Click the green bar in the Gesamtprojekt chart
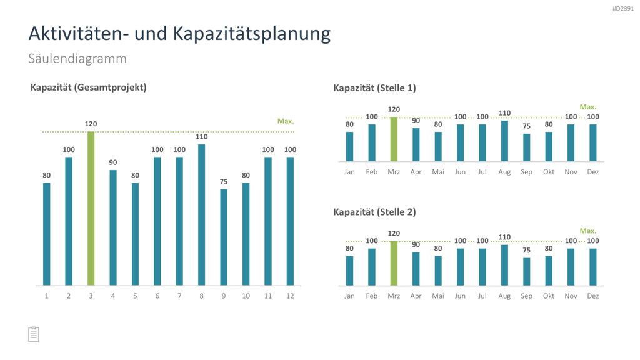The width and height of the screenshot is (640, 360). tap(91, 208)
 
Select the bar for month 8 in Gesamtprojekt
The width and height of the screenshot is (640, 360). tap(202, 215)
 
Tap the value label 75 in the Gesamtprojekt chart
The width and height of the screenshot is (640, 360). tap(224, 182)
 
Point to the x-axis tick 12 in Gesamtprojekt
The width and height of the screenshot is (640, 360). tap(290, 296)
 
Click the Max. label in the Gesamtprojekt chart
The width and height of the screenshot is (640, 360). tap(286, 121)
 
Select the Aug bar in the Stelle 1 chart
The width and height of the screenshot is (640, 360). tap(504, 141)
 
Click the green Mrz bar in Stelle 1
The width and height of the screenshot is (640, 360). tap(394, 139)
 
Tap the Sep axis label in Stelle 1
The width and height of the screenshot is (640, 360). tap(526, 172)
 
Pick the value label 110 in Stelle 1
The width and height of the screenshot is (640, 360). tap(504, 113)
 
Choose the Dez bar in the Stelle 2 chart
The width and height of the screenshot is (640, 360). tap(593, 267)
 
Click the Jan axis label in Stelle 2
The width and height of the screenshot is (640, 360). tap(349, 296)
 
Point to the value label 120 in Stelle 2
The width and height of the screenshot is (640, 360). tap(394, 234)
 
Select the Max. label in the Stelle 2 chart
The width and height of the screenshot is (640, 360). tap(588, 231)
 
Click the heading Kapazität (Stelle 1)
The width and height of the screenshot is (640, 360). tap(375, 87)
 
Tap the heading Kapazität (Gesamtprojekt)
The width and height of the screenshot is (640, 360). tap(89, 87)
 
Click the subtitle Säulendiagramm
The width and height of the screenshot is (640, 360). tap(77, 58)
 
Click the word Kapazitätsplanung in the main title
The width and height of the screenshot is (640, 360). tap(252, 34)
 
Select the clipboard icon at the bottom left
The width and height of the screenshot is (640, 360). tap(34, 334)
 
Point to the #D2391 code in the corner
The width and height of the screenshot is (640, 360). tap(623, 9)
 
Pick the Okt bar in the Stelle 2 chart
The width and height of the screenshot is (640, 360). tap(549, 271)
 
